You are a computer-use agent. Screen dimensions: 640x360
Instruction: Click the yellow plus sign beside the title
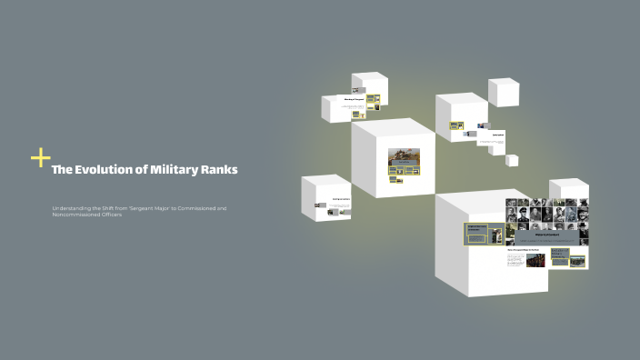40,158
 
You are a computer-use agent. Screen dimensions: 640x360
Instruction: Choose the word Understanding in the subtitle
73,209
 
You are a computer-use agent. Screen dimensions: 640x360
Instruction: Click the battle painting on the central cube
405,156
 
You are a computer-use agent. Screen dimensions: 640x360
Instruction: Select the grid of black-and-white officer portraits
547,221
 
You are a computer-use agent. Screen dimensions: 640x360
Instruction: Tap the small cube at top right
504,92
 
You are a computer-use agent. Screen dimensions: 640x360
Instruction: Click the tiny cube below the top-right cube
512,161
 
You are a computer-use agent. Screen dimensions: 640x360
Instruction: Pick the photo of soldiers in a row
535,258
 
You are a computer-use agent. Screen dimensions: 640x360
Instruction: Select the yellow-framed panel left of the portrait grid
478,234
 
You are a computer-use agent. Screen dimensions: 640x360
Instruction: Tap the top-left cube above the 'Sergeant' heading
369,87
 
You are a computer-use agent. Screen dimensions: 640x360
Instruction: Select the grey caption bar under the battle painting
405,170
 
